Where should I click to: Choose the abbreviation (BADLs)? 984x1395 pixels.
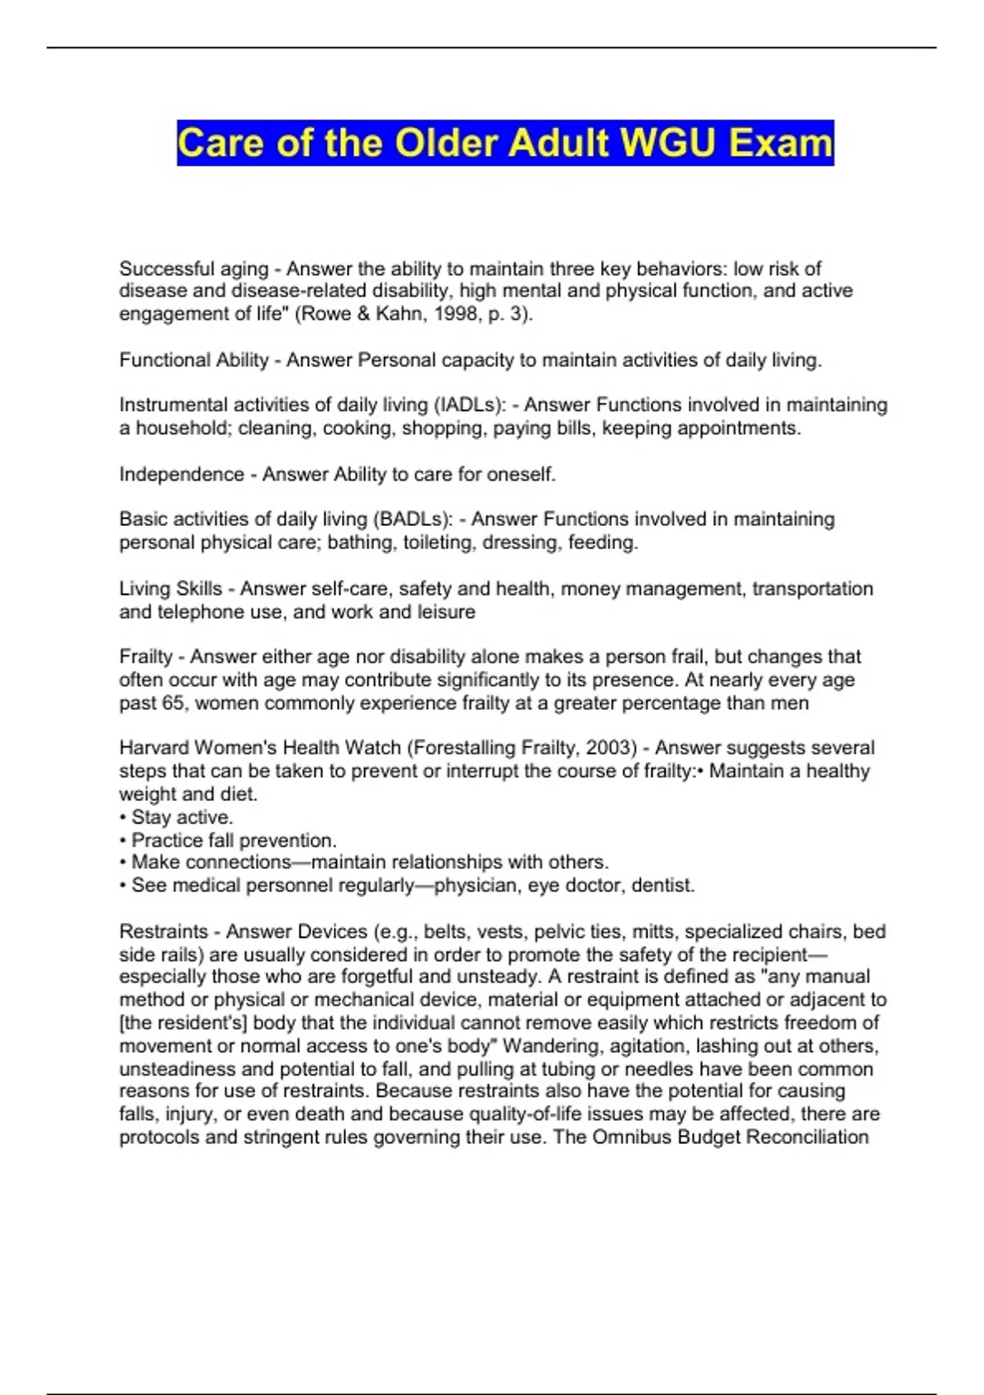tap(413, 519)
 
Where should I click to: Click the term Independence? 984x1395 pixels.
tap(181, 474)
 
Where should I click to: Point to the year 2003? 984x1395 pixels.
tap(613, 748)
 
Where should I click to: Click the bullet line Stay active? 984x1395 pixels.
tap(177, 817)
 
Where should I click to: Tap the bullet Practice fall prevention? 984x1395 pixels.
tap(230, 840)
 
